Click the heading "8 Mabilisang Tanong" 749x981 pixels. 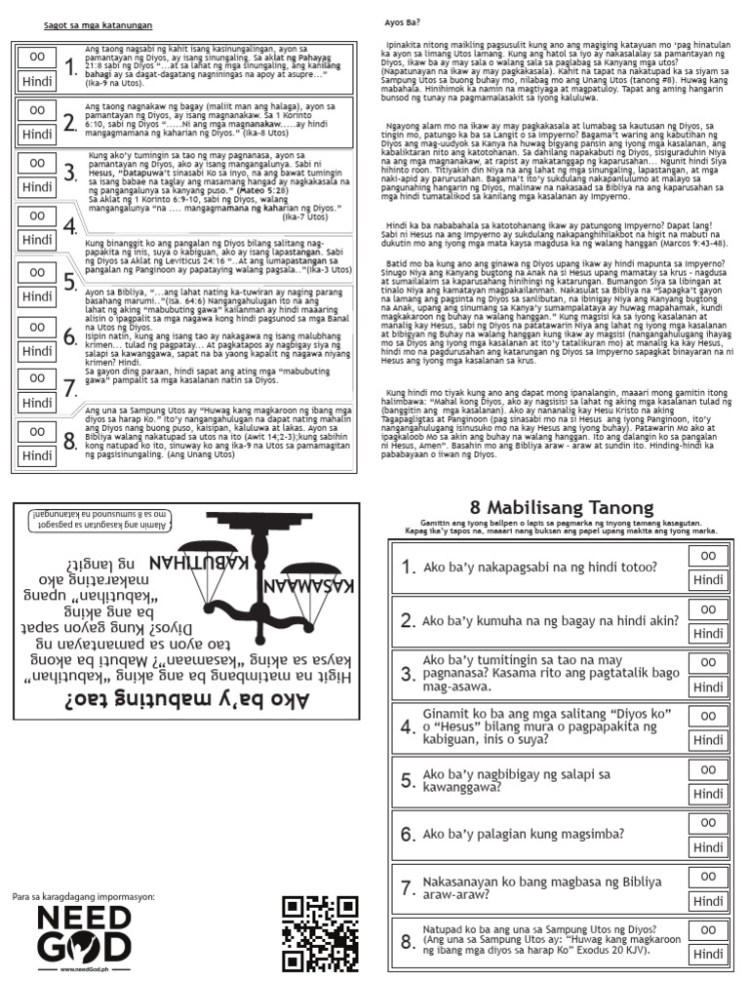click(x=561, y=508)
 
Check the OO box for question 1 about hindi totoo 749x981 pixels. click(x=708, y=555)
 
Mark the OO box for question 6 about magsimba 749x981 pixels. click(x=708, y=822)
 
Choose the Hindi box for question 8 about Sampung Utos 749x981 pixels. click(x=708, y=954)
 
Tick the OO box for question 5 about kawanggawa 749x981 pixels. click(x=708, y=768)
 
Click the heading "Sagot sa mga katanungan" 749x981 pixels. click(x=98, y=24)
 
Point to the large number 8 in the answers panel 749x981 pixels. click(x=69, y=442)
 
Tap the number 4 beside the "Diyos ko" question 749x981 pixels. click(x=407, y=727)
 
